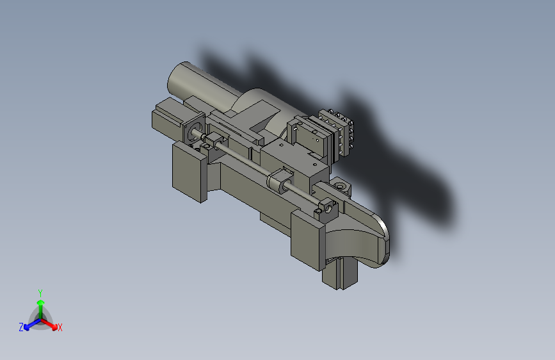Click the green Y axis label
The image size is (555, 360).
pos(40,293)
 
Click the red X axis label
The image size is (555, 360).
pos(60,327)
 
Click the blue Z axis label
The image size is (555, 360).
pos(21,327)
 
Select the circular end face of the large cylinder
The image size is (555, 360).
pos(176,79)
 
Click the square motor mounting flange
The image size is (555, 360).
pos(193,129)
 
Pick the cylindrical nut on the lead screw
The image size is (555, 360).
pos(279,181)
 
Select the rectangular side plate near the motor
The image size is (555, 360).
pos(189,172)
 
